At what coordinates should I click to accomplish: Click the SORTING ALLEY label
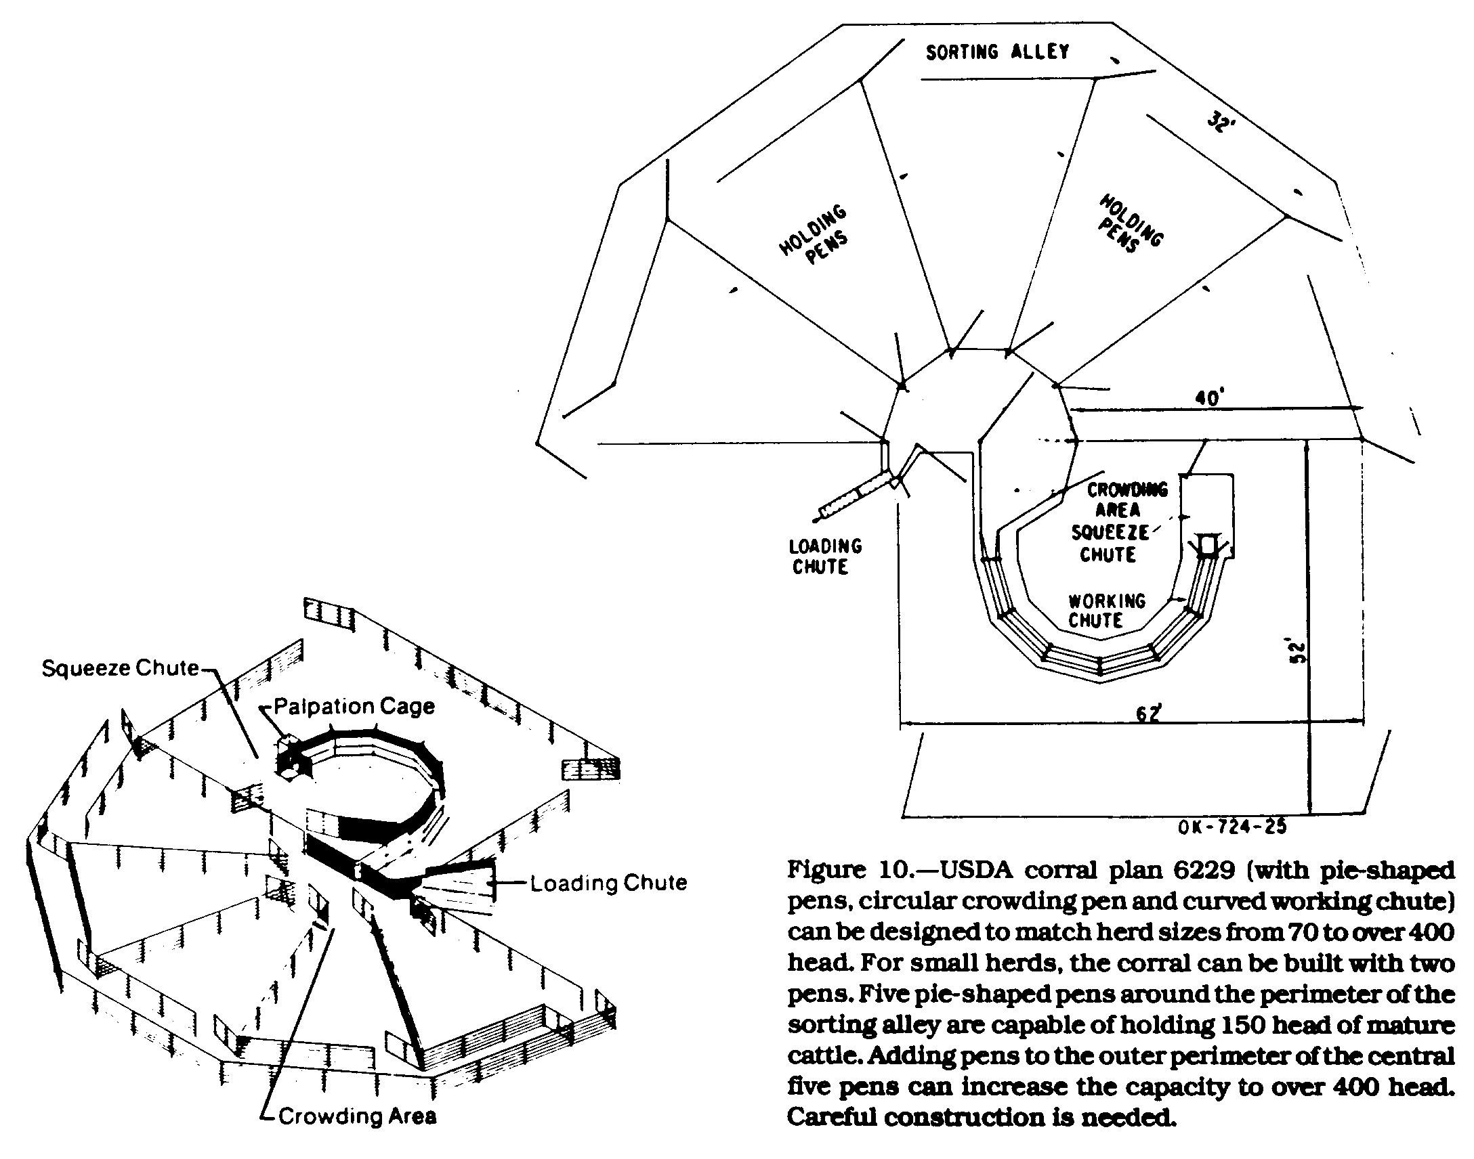[996, 51]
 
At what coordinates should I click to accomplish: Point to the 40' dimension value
[1208, 397]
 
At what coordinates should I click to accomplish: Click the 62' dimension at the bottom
[1148, 713]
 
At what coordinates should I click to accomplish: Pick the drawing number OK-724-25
[1232, 826]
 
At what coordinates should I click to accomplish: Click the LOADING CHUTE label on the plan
[824, 556]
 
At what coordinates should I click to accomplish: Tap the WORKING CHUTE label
[1106, 611]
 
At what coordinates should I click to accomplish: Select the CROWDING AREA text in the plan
[1127, 500]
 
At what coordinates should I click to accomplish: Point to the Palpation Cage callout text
[354, 706]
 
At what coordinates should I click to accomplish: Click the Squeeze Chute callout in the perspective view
[120, 668]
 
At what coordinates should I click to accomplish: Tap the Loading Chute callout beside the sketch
[608, 883]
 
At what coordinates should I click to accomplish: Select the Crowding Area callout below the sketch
[357, 1116]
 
